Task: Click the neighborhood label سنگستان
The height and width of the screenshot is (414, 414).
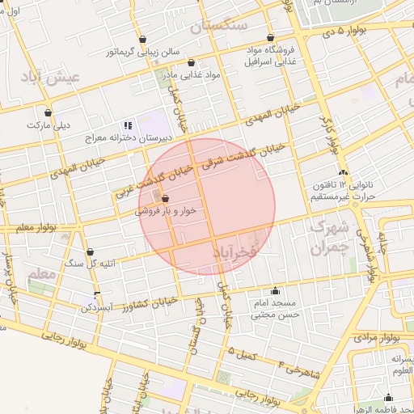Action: coord(218,27)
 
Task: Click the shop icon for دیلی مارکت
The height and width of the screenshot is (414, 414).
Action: coord(49,113)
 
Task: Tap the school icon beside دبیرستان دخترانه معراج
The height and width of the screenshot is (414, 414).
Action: coord(127,125)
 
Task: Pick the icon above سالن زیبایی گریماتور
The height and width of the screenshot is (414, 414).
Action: coord(142,39)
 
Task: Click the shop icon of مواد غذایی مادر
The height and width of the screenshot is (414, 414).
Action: coord(191,62)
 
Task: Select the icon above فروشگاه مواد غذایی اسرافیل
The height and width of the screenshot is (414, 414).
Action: coord(270,37)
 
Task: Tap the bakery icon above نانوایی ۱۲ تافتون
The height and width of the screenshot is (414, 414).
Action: coord(344,172)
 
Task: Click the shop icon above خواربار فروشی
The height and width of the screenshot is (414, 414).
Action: coord(165,198)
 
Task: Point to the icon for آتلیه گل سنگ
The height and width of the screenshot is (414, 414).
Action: coord(90,252)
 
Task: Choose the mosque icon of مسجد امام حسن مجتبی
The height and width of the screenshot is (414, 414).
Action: coord(276,291)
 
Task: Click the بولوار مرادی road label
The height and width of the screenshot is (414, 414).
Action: coord(377,336)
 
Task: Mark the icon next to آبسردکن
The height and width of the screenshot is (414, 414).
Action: coord(98,295)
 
